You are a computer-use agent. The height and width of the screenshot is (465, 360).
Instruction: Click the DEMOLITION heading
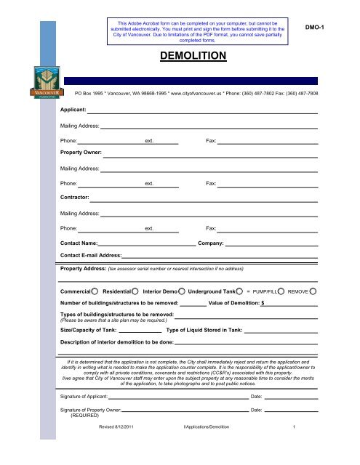(x=193, y=54)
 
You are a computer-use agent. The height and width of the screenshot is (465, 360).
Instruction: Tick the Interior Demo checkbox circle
(x=182, y=291)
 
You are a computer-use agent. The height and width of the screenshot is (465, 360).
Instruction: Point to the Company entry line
(x=271, y=243)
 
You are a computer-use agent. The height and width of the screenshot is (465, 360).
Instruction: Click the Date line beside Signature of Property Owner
(x=291, y=411)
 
